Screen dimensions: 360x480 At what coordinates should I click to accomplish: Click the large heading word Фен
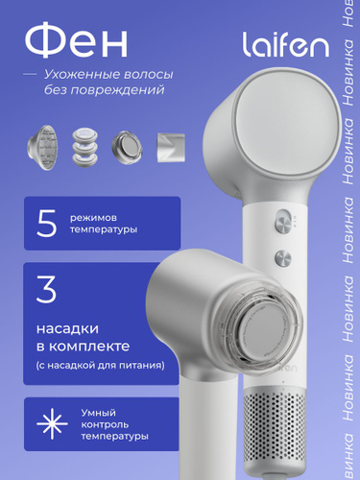[x=76, y=40]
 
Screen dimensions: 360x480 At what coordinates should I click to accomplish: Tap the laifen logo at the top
[x=285, y=44]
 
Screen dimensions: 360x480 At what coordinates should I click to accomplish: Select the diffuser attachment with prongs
[x=42, y=148]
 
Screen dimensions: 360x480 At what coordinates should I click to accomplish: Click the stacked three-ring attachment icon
[x=84, y=147]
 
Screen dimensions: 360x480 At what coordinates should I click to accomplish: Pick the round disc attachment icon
[x=127, y=147]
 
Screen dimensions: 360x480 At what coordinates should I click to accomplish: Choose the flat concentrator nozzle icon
[x=171, y=148]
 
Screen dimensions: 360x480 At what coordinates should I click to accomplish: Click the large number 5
[x=47, y=224]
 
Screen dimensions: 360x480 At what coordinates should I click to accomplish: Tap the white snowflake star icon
[x=52, y=423]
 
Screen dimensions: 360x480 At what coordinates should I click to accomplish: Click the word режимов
[x=93, y=218]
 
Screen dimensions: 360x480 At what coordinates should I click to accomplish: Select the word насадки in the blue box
[x=67, y=328]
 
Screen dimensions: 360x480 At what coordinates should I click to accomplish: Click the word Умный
[x=98, y=413]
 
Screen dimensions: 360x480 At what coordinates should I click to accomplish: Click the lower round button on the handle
[x=283, y=257]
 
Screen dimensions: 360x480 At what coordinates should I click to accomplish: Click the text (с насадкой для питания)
[x=101, y=365]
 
